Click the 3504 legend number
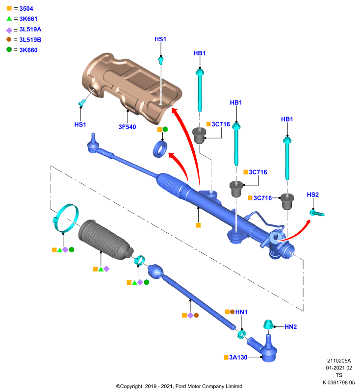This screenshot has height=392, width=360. [x=26, y=9]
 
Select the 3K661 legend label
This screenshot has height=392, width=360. [x=28, y=19]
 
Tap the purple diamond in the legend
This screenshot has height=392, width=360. [x=9, y=30]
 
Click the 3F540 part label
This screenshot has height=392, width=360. [x=128, y=127]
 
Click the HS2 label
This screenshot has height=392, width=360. [x=313, y=195]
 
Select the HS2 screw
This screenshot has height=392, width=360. [x=317, y=213]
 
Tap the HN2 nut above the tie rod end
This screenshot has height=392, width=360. [x=268, y=324]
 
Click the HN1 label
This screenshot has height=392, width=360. [x=241, y=312]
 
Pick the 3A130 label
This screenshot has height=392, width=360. [x=238, y=358]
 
